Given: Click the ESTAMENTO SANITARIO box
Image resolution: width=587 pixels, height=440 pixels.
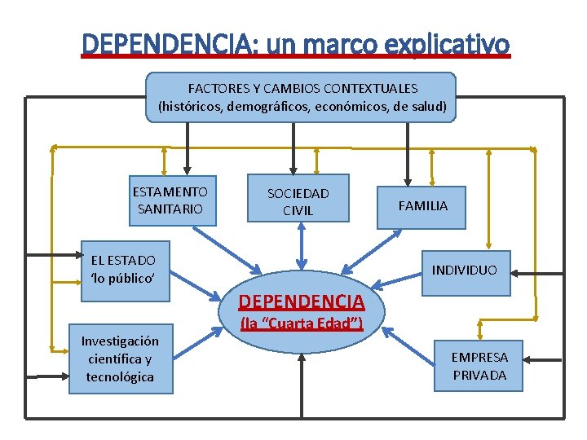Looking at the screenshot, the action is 170,200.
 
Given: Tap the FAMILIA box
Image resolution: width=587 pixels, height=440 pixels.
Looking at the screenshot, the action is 422,205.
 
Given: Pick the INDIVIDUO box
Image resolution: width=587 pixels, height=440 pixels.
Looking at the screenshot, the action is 464,269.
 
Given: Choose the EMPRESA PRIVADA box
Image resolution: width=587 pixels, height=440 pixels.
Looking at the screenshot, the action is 479,366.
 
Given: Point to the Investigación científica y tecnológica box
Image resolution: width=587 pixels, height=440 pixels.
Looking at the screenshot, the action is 119,359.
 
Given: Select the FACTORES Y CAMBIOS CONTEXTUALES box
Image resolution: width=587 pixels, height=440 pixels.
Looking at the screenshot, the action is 302,97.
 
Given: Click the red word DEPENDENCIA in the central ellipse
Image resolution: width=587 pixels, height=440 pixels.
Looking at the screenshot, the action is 301,302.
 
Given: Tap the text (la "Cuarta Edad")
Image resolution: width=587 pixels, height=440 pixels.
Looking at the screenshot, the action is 301,323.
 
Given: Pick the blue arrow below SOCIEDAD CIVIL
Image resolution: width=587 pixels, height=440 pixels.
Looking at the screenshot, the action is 302,244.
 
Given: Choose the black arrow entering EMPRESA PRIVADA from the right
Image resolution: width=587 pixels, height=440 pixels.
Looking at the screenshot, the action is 542,359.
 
